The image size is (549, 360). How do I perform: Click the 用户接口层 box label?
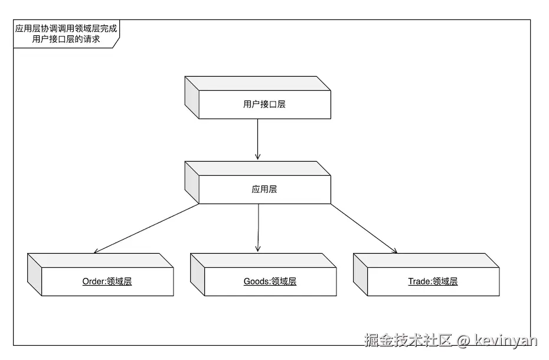(264, 104)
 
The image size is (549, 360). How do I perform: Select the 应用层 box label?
(264, 189)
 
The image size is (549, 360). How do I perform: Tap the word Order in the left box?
(93, 282)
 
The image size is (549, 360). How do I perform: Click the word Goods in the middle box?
(256, 282)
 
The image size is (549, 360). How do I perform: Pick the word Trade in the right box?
(419, 282)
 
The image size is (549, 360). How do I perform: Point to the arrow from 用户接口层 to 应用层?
(258, 139)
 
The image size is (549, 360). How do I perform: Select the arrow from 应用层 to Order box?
(148, 228)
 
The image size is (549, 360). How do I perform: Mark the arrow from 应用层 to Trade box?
(363, 228)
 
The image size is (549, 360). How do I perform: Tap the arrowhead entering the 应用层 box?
(258, 156)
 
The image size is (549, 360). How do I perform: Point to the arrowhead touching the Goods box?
(258, 249)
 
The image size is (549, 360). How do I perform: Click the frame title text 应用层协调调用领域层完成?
(66, 28)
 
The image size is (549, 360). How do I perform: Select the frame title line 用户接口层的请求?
(66, 40)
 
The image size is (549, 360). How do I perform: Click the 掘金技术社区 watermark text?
(409, 341)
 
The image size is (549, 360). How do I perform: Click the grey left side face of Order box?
(35, 274)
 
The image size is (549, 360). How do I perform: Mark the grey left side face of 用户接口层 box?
(192, 97)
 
